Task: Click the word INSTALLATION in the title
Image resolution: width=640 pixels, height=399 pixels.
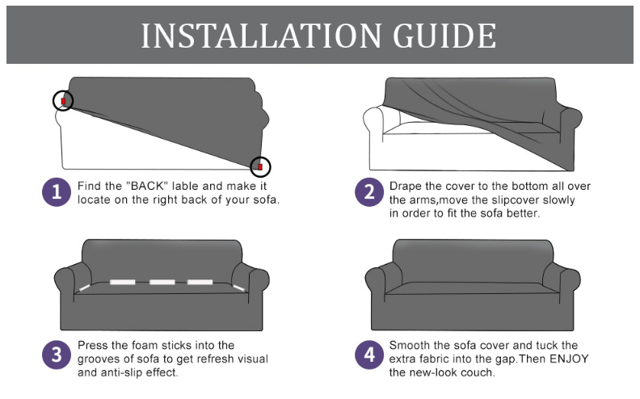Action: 261,36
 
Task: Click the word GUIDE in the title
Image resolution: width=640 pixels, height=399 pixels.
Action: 444,36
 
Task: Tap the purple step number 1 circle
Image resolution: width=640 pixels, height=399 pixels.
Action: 57,192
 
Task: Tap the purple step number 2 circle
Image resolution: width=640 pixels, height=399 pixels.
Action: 369,192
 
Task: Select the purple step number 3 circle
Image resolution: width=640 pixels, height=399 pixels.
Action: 57,355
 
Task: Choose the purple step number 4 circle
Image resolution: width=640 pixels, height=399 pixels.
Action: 369,355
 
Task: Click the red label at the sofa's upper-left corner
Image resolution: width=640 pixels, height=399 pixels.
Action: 63,101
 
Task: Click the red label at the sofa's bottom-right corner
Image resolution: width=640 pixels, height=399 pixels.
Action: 260,167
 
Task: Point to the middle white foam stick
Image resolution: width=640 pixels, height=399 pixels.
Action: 162,282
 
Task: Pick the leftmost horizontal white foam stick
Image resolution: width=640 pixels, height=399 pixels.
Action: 123,282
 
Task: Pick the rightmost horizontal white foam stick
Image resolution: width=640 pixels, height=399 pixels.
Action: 200,282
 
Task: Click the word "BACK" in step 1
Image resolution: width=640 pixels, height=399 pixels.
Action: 146,186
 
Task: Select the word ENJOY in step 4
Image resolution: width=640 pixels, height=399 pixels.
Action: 569,359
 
